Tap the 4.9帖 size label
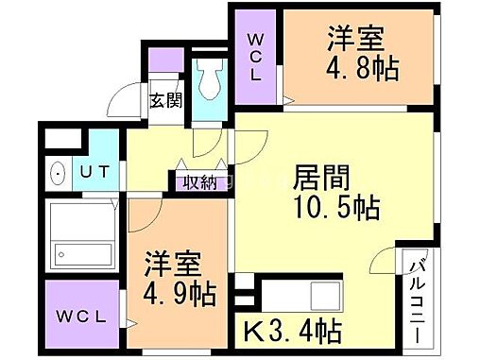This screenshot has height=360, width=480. click(180, 291)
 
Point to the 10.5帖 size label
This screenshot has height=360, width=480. click(330, 210)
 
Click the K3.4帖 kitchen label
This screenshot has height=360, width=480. click(294, 332)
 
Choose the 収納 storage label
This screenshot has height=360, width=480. click(198, 181)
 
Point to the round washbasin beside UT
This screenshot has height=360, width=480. click(56, 175)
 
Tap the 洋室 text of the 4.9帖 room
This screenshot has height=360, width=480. click(171, 261)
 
